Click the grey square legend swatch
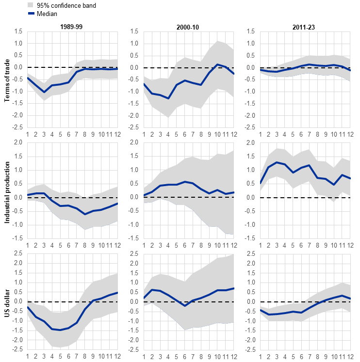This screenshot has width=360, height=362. click(x=31, y=5)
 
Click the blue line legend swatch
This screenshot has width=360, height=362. click(x=32, y=13)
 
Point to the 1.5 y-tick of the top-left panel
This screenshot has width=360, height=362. click(x=18, y=31)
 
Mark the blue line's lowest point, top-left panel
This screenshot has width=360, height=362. click(x=44, y=92)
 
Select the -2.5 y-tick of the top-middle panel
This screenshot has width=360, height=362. click(x=134, y=127)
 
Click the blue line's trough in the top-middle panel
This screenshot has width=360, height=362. click(x=168, y=98)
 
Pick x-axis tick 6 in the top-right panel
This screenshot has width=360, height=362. click(x=301, y=134)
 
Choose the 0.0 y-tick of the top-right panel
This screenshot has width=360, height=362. click(x=251, y=67)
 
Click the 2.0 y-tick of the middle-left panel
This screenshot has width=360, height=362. click(x=18, y=142)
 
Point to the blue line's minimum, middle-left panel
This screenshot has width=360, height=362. click(x=85, y=214)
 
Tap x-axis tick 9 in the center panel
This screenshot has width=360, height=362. click(x=209, y=245)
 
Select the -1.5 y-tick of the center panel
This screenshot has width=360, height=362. click(x=134, y=238)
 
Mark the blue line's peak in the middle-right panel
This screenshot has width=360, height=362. click(x=277, y=162)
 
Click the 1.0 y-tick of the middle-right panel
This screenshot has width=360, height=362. click(x=251, y=170)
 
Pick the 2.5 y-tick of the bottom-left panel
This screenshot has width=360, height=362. click(x=18, y=253)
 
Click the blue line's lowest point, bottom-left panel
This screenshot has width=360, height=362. click(x=61, y=330)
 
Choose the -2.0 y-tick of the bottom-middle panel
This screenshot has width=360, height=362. click(x=134, y=340)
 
